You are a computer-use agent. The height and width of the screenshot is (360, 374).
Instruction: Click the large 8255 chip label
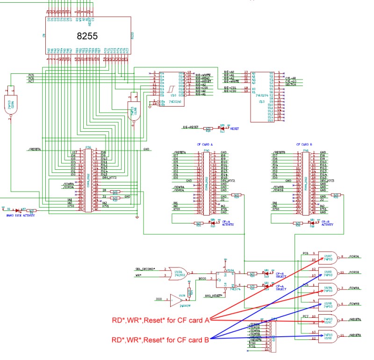click(88, 36)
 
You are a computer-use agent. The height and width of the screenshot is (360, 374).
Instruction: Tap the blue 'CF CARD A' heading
click(204, 144)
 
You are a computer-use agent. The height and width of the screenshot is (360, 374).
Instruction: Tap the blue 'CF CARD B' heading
click(304, 144)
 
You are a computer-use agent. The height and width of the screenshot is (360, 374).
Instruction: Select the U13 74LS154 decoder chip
click(262, 96)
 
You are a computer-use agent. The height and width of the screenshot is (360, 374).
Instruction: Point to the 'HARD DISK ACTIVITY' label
click(19, 215)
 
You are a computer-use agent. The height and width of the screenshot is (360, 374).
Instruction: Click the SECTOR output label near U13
click(291, 85)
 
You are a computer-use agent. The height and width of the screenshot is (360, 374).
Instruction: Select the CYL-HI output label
click(291, 78)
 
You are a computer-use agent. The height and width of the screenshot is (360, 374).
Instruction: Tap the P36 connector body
click(88, 180)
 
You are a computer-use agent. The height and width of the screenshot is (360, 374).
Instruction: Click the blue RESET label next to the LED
click(234, 128)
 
